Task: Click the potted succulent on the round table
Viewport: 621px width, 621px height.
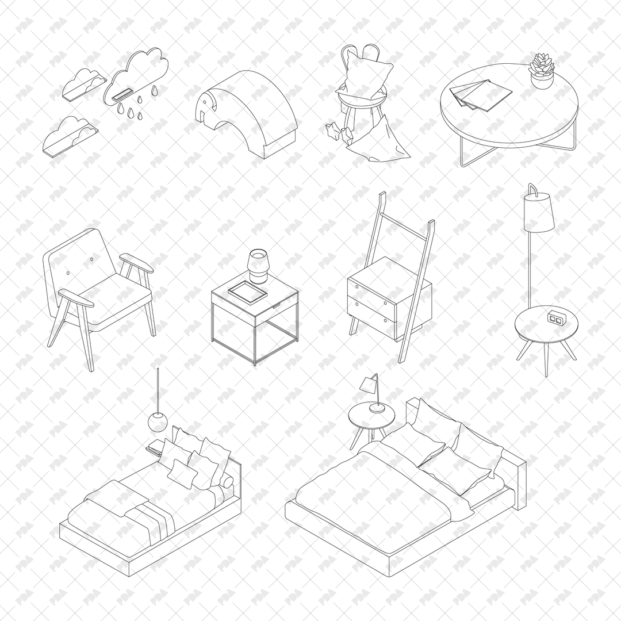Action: click(x=541, y=70)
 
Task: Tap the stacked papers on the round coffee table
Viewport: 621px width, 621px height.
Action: click(x=481, y=95)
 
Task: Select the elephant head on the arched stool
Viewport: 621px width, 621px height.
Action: click(x=208, y=112)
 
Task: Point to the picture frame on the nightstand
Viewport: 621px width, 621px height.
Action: click(x=248, y=292)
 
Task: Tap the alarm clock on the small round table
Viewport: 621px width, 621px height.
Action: click(x=555, y=317)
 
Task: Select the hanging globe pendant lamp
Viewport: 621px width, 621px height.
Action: click(x=157, y=421)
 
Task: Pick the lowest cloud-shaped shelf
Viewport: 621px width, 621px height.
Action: click(x=70, y=135)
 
